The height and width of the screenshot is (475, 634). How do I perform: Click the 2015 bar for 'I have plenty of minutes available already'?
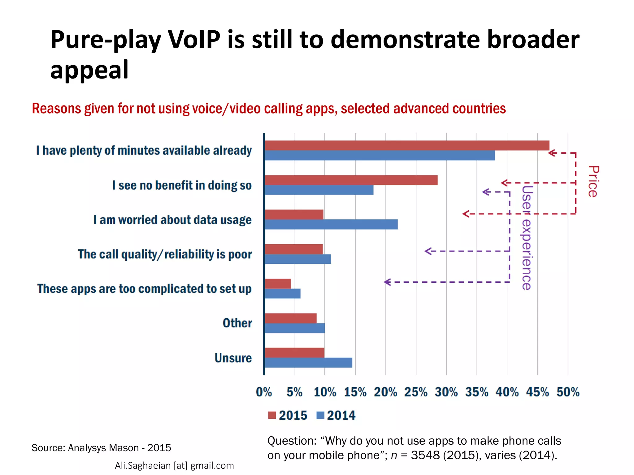pyautogui.click(x=407, y=146)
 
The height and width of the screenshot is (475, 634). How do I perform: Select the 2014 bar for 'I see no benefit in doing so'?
pyautogui.click(x=319, y=190)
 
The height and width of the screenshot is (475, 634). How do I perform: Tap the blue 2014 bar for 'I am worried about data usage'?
pyautogui.click(x=331, y=225)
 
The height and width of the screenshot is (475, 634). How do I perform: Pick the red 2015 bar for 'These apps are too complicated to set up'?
pyautogui.click(x=278, y=284)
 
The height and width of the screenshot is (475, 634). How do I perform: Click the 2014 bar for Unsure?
pyautogui.click(x=308, y=363)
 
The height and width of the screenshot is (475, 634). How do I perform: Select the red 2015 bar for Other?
pyautogui.click(x=290, y=318)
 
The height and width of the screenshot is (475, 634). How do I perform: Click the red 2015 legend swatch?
pyautogui.click(x=272, y=415)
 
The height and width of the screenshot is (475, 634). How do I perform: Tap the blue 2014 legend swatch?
pyautogui.click(x=320, y=415)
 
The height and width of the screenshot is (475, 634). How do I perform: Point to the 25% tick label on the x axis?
pyautogui.click(x=416, y=392)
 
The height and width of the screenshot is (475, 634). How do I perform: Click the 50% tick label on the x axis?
pyautogui.click(x=568, y=392)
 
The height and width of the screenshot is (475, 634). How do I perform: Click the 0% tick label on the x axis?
pyautogui.click(x=264, y=392)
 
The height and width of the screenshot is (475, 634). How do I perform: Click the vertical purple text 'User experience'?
pyautogui.click(x=526, y=237)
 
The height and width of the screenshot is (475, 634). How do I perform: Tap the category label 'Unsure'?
pyautogui.click(x=233, y=358)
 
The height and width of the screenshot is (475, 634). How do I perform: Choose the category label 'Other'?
pyautogui.click(x=237, y=323)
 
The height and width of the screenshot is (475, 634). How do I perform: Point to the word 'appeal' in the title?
pyautogui.click(x=89, y=70)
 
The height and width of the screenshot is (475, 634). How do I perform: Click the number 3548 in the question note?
pyautogui.click(x=425, y=455)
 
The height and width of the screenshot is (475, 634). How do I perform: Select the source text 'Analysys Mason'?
pyautogui.click(x=103, y=448)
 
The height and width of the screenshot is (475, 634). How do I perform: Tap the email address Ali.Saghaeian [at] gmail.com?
pyautogui.click(x=174, y=465)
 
